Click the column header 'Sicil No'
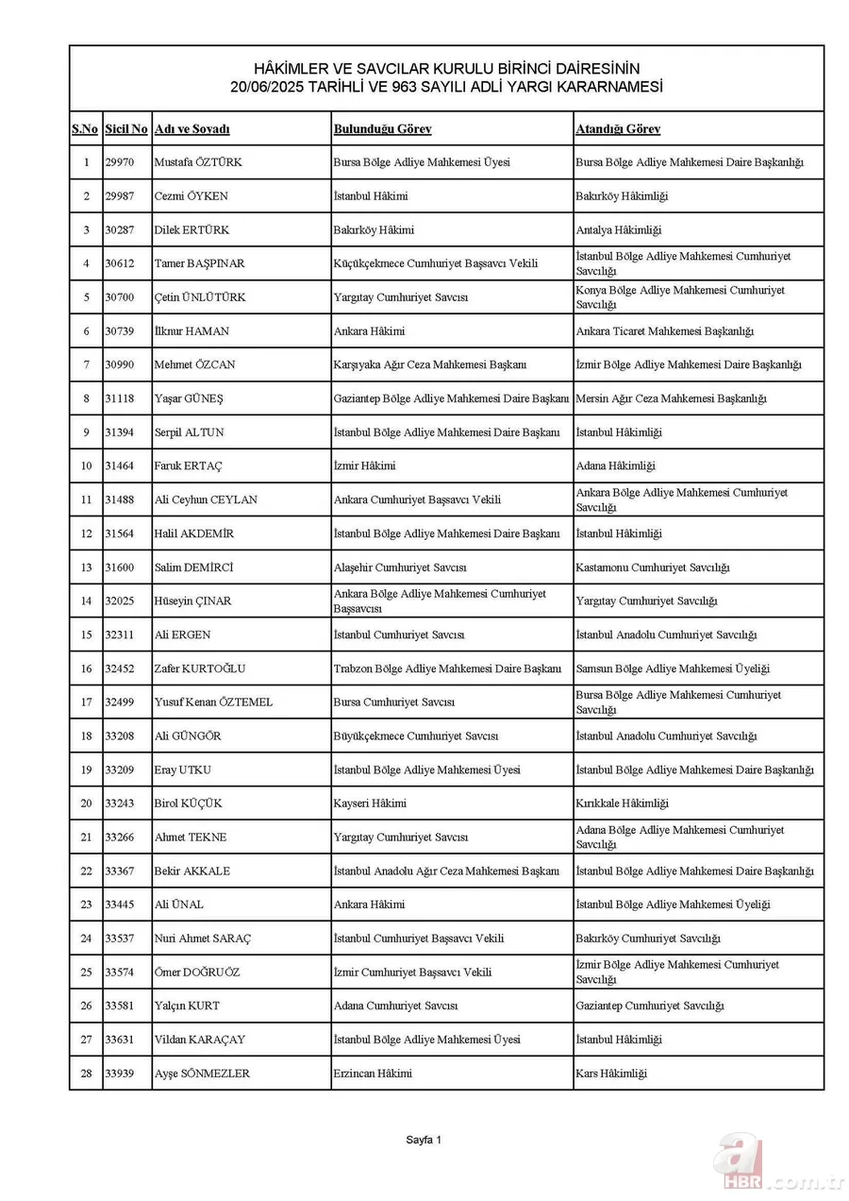point(126,129)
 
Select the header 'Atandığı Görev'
point(618,129)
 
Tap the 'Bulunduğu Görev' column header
point(382,129)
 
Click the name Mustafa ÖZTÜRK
point(198,162)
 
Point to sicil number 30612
point(120,263)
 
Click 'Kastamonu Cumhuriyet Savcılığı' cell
point(652,567)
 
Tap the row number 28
point(86,1074)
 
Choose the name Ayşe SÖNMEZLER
point(202,1074)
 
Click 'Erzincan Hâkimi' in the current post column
point(373,1074)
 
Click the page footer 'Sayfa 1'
point(424,1140)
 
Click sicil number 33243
point(120,803)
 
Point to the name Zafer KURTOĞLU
point(200,668)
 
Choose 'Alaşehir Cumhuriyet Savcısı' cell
point(400,567)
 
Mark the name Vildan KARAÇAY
point(199,1040)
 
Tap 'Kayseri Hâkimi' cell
point(370,803)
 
